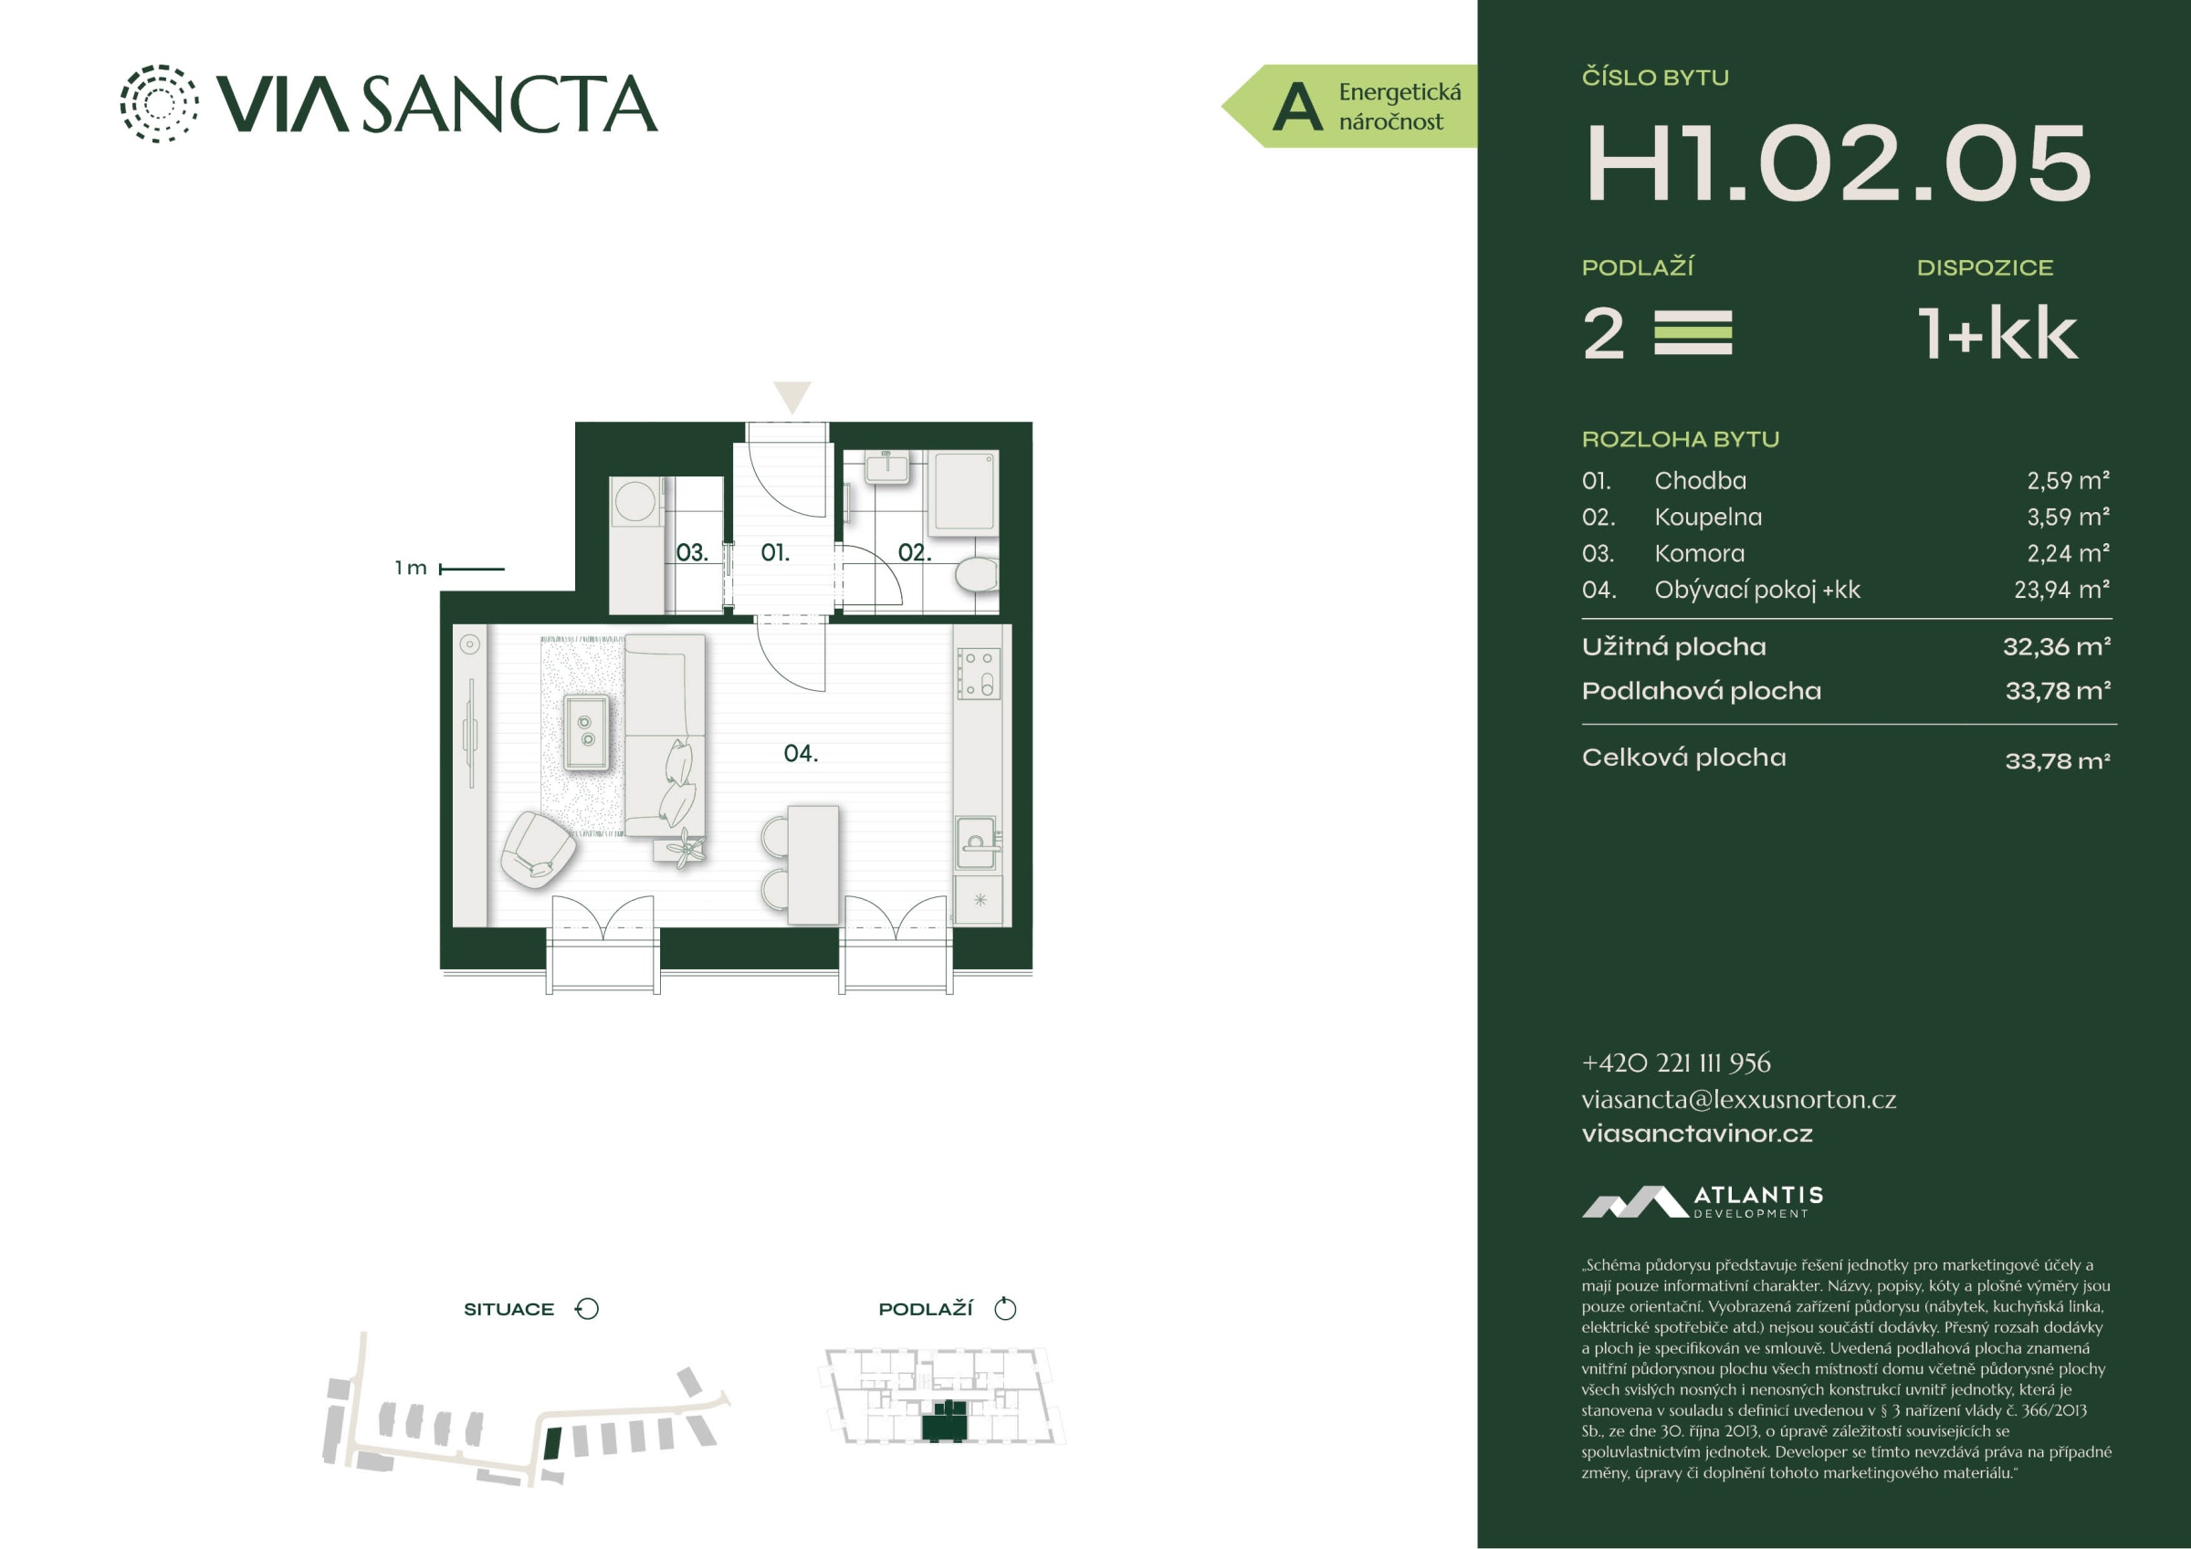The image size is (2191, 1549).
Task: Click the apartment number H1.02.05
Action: (x=1838, y=163)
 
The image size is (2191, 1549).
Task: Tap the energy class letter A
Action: (x=1298, y=107)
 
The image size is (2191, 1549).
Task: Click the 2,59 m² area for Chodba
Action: (x=2068, y=480)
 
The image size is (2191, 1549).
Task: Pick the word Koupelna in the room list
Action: (x=1708, y=517)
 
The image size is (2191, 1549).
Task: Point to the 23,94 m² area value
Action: (x=2061, y=590)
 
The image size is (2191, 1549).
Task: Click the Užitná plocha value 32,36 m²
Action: (x=2057, y=647)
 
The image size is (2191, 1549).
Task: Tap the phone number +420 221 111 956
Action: (x=1676, y=1062)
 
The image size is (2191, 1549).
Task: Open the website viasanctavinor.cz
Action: (x=1697, y=1134)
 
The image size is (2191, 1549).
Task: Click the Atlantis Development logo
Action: (x=1703, y=1201)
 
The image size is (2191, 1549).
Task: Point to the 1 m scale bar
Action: (x=471, y=569)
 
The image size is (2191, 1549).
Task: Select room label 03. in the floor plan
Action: (x=692, y=552)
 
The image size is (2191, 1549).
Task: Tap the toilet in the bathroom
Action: (x=975, y=574)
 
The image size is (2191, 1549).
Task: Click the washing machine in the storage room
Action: (x=635, y=501)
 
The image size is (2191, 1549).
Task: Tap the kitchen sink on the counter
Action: (x=976, y=842)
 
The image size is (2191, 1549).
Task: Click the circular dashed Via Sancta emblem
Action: (x=160, y=103)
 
